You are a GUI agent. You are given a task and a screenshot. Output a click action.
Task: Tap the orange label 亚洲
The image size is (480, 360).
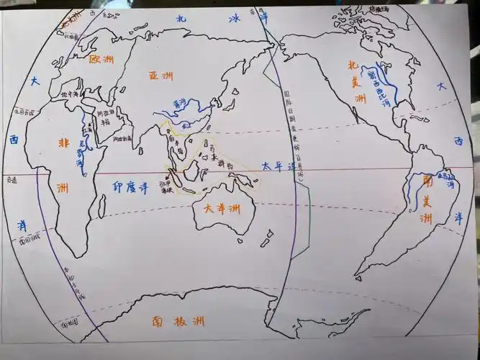[x=161, y=76]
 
